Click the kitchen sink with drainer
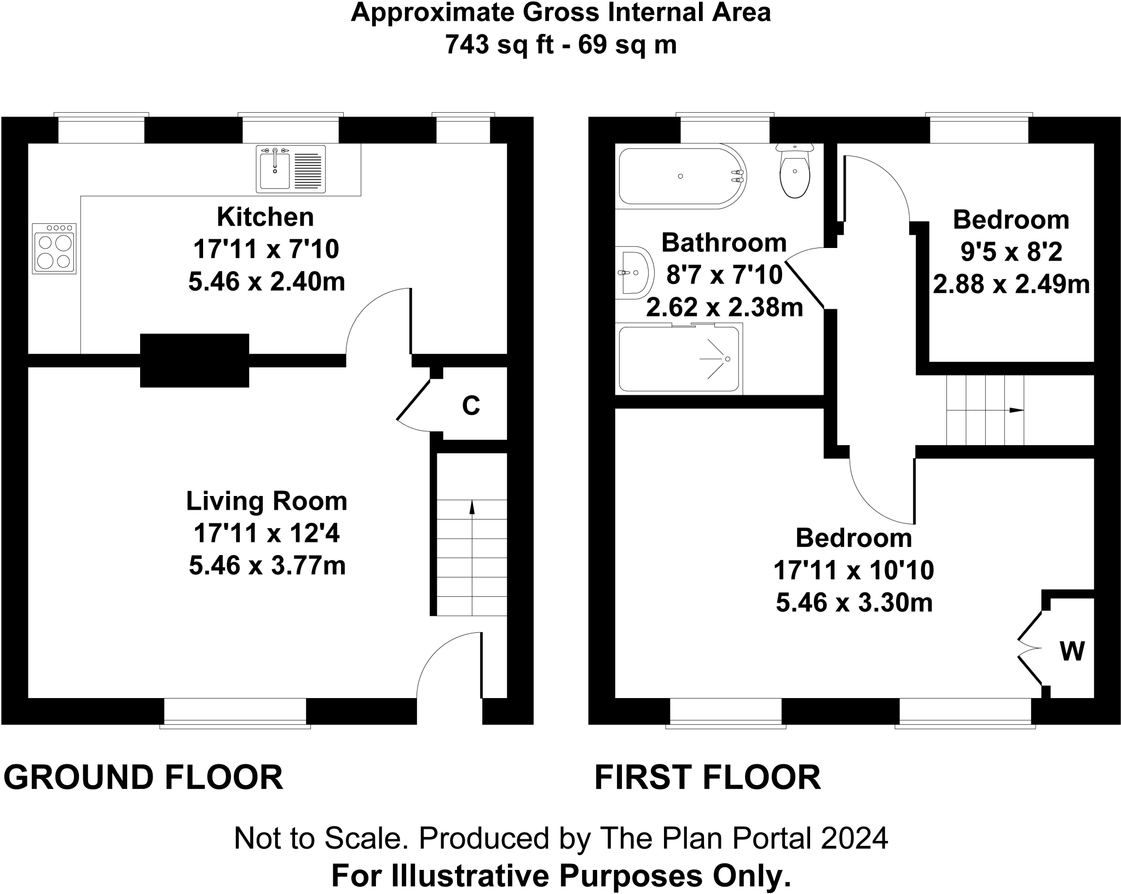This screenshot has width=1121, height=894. point(291,169)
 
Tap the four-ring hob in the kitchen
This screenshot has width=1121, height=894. point(54,249)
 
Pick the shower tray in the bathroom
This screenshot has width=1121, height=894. point(679,359)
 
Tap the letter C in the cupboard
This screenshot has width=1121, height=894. point(471,406)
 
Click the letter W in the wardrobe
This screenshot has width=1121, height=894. point(1072,651)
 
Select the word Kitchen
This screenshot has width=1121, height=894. point(265,217)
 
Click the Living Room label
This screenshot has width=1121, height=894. point(267,501)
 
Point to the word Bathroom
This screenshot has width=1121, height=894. point(724,243)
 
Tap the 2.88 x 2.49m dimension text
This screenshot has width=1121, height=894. point(1012,285)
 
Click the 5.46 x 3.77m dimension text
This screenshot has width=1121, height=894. point(267,566)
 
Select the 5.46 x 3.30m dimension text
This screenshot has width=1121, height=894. point(854,603)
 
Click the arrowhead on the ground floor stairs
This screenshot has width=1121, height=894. point(472,507)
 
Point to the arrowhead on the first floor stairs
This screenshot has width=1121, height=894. point(1016,410)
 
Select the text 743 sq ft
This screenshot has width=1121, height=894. point(498,44)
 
